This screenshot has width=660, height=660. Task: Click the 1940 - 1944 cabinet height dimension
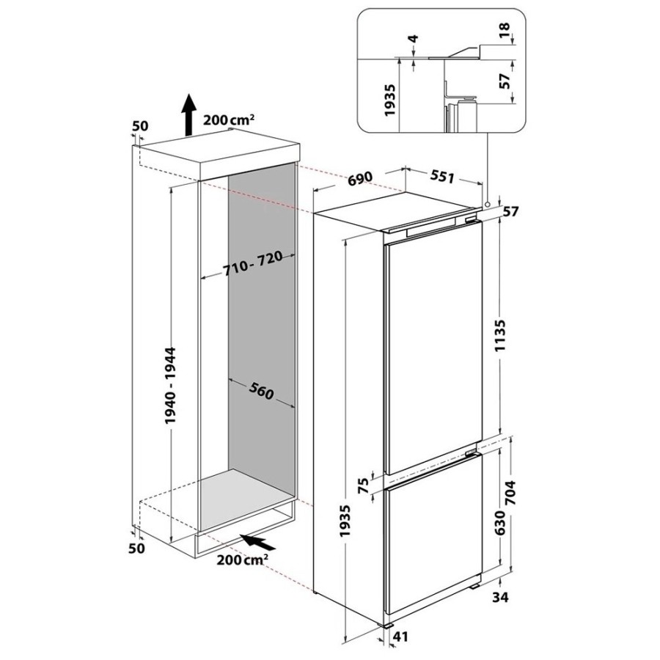click(170, 385)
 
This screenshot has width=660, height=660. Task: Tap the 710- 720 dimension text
click(252, 264)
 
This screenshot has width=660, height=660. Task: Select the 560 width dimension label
click(261, 391)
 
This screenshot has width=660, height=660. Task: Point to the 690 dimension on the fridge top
click(361, 177)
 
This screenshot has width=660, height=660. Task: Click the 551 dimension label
click(442, 177)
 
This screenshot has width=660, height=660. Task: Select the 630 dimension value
click(499, 522)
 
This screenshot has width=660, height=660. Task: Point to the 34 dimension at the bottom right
click(500, 596)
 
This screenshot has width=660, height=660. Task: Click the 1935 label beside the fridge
click(345, 520)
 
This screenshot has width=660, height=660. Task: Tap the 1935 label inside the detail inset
click(390, 100)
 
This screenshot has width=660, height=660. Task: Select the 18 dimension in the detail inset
click(505, 29)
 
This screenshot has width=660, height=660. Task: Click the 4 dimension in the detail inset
click(414, 39)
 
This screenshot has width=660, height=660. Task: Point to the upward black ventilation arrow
click(189, 114)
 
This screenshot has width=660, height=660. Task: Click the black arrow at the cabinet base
click(257, 542)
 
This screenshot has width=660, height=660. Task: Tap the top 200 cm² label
click(229, 120)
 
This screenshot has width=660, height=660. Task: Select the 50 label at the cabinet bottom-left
click(138, 548)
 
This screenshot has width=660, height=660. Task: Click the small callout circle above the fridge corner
click(487, 205)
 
